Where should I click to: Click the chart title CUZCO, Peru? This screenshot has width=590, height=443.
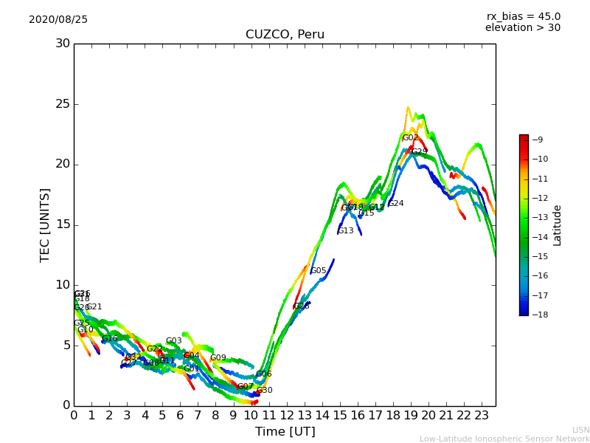[x=285, y=35]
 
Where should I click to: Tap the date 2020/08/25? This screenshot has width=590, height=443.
[x=58, y=20]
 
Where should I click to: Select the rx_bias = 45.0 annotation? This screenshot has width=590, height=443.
[x=524, y=17]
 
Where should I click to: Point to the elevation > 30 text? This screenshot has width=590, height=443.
[x=523, y=28]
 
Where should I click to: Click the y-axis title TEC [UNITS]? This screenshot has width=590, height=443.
[x=46, y=224]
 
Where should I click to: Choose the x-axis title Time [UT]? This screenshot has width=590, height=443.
[x=285, y=432]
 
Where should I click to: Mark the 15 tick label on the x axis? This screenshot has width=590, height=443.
[x=340, y=416]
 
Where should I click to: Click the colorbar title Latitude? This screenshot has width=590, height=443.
[x=558, y=225]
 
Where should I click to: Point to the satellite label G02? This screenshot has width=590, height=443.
[x=410, y=138]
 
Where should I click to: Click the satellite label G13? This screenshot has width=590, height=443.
[x=346, y=231]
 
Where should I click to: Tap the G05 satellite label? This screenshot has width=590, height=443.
[x=319, y=271]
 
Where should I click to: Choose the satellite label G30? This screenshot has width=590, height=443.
[x=265, y=391]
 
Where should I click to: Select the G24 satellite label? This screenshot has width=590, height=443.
[x=396, y=204]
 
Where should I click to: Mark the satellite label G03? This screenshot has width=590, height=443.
[x=173, y=341]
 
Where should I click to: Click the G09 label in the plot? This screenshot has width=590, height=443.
[x=218, y=358]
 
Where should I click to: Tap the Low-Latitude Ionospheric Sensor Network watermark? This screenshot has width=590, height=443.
[x=504, y=439]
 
